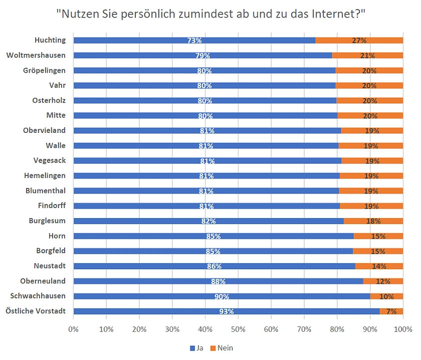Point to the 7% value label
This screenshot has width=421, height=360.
pos(391,311)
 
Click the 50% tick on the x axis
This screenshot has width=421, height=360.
pos(238,329)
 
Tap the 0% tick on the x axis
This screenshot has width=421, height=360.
pos(73,329)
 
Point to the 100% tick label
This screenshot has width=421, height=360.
pos(403,329)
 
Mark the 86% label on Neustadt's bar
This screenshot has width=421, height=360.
pos(214,266)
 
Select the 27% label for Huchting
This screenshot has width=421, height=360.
pos(359,41)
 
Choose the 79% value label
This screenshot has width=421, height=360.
pos(202,56)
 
